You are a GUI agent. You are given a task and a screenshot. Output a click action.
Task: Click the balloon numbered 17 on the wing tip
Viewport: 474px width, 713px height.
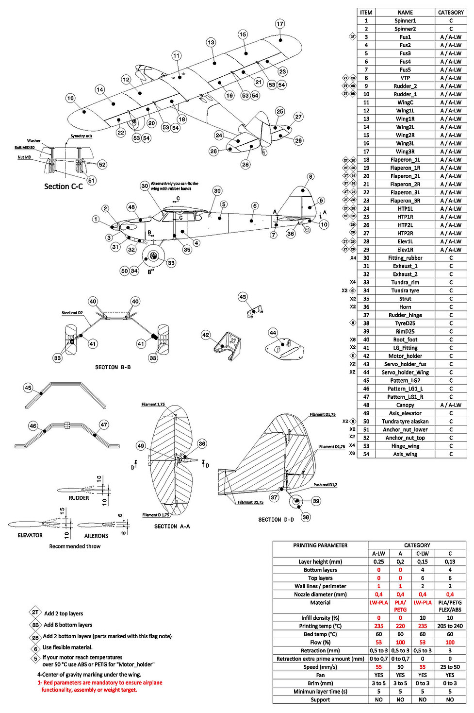(x=280, y=24)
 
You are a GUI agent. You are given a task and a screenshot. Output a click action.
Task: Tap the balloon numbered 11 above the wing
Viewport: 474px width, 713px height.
(x=176, y=56)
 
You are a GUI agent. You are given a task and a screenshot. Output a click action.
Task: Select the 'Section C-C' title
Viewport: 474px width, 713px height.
(x=63, y=187)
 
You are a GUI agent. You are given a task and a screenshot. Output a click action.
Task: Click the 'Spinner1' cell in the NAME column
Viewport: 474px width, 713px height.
(x=405, y=21)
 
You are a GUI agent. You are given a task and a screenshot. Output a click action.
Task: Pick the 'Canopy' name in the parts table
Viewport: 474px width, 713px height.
(x=405, y=405)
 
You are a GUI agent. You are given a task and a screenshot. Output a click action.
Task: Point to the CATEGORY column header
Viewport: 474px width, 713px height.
(x=451, y=13)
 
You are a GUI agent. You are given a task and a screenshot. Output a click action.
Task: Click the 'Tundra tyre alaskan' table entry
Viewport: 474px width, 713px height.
(x=405, y=422)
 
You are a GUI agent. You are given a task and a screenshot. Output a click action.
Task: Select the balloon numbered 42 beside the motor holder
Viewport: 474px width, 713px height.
(x=206, y=335)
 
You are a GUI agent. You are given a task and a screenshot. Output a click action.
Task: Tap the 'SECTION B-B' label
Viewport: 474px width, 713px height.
(x=113, y=367)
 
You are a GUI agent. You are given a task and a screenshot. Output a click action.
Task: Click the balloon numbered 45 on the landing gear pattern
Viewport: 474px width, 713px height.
(x=28, y=388)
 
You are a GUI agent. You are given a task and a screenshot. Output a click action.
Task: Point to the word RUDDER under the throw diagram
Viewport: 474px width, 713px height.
(x=79, y=498)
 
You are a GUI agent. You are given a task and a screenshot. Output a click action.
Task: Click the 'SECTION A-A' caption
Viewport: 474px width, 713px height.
(x=172, y=526)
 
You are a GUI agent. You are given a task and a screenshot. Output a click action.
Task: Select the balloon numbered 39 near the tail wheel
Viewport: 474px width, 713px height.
(x=316, y=501)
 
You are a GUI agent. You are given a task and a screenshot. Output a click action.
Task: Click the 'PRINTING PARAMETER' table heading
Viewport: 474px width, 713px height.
(x=320, y=545)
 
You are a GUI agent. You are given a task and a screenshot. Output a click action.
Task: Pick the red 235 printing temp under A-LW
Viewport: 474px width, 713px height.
(x=379, y=626)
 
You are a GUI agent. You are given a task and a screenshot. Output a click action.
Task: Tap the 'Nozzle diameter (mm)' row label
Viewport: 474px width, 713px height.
(x=320, y=594)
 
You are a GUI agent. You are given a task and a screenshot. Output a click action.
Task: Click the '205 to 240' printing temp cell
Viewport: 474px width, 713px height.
(x=450, y=626)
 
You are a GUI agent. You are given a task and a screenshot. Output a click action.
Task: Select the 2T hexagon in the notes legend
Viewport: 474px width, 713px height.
(x=35, y=612)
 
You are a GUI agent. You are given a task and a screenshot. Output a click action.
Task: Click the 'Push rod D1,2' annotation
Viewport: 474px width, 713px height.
(x=325, y=485)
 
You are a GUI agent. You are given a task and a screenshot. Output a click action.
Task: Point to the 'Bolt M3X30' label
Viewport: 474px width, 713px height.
(x=24, y=148)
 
